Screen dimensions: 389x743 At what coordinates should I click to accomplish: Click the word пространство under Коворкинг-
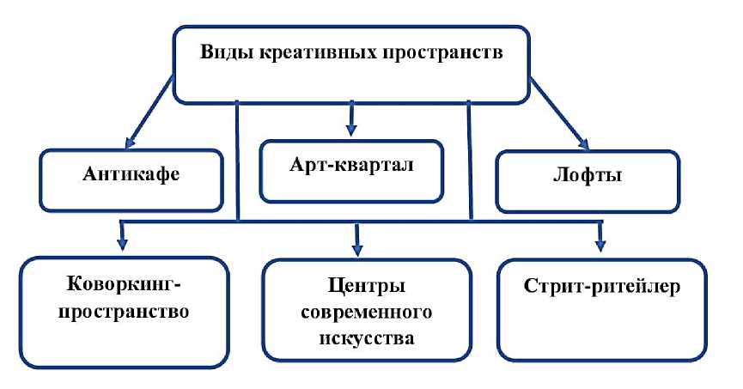[124, 310]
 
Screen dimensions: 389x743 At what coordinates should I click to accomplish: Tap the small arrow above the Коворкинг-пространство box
[123, 233]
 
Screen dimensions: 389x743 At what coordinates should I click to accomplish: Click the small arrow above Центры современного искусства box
[357, 234]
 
